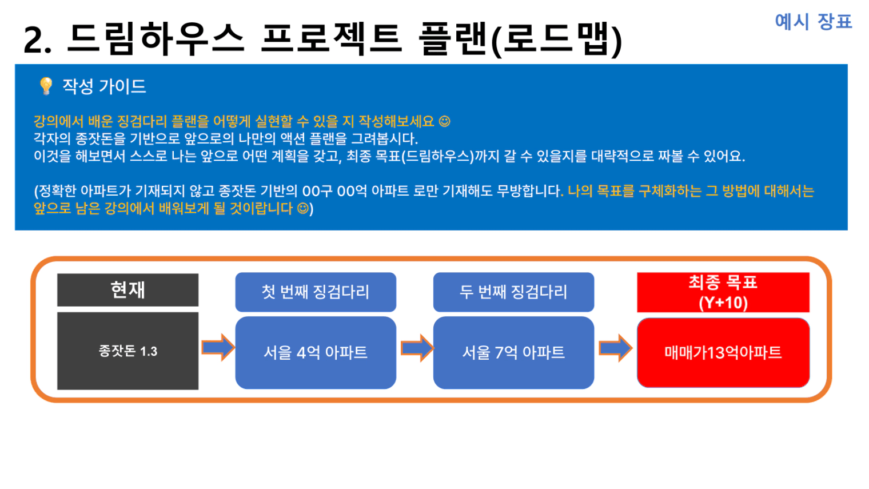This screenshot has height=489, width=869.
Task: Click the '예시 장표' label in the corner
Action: coord(813,22)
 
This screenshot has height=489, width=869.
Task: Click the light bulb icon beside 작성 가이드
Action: coord(46,86)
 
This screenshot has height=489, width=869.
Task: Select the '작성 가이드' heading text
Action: coord(104,86)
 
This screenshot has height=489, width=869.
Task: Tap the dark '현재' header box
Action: coord(127,290)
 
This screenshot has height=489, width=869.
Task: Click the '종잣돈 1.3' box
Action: coord(127,351)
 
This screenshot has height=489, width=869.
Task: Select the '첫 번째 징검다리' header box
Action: coord(316,292)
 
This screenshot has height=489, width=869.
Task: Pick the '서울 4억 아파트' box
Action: coord(316,352)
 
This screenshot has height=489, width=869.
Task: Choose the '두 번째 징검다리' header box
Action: coord(513,292)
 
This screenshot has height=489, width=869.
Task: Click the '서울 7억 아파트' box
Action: coord(513,352)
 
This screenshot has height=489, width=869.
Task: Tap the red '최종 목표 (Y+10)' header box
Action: coord(723,292)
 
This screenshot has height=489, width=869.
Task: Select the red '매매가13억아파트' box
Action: coord(723,352)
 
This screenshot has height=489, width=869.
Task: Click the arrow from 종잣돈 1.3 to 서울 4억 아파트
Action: coord(218,347)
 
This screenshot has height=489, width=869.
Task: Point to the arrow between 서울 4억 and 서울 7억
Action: coord(417,348)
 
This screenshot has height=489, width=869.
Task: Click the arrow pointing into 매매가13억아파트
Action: coord(616,348)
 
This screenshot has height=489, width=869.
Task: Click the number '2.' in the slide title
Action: coord(37,40)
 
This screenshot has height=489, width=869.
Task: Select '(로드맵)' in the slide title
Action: coord(557,39)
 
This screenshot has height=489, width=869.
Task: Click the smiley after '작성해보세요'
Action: coord(445,121)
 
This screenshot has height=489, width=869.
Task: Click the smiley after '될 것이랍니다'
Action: coord(303,208)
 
